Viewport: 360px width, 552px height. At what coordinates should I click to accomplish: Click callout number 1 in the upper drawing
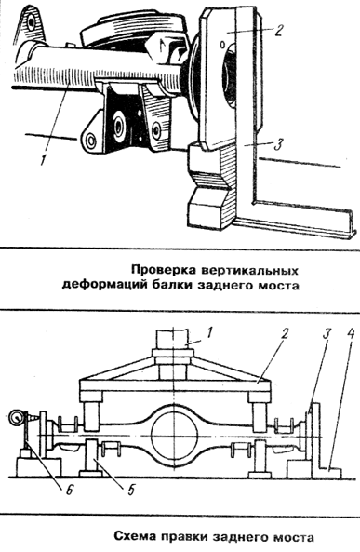(x=43, y=160)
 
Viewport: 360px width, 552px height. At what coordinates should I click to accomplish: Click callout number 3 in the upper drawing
(x=278, y=144)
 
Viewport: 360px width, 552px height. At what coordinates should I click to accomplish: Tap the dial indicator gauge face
(x=16, y=418)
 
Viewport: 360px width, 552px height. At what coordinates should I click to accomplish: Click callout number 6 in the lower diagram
(x=70, y=490)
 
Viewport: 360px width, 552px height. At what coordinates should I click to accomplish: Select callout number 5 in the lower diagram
(x=131, y=490)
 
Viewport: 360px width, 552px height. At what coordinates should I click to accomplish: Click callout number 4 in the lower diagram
(x=350, y=333)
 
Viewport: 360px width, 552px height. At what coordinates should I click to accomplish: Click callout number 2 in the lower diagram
(x=285, y=333)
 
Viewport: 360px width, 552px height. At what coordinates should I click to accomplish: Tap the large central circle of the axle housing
(x=174, y=434)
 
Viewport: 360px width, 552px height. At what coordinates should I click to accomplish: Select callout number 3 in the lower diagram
(x=327, y=333)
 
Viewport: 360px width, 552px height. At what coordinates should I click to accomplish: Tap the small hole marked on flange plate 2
(x=222, y=45)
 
